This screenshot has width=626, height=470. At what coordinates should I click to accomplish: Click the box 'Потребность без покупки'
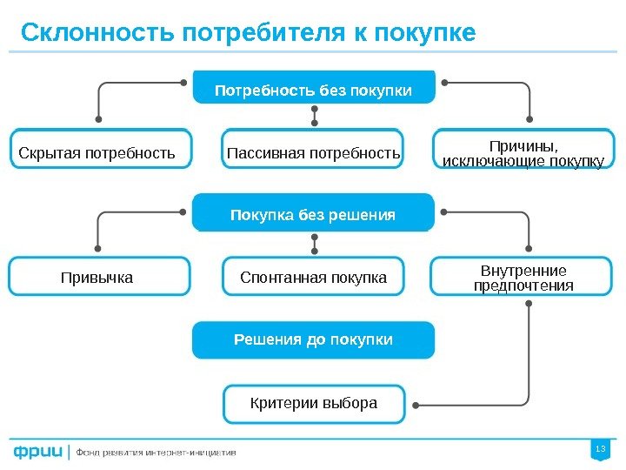313,89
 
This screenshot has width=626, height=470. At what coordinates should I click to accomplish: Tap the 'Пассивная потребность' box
313,154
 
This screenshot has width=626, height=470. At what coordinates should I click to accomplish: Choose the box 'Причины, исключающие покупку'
523,153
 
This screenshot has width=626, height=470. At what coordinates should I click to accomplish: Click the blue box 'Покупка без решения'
313,214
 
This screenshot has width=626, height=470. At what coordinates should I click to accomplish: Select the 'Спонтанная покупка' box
313,278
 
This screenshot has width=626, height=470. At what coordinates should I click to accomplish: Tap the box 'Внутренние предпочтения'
523,278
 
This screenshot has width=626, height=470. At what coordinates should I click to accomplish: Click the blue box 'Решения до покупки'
313,339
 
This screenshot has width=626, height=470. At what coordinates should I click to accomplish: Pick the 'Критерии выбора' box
313,403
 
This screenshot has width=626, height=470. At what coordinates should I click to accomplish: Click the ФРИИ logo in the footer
37,452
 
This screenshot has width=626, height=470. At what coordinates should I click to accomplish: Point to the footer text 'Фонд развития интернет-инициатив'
156,453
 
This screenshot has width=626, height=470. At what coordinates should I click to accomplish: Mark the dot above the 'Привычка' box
98,245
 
